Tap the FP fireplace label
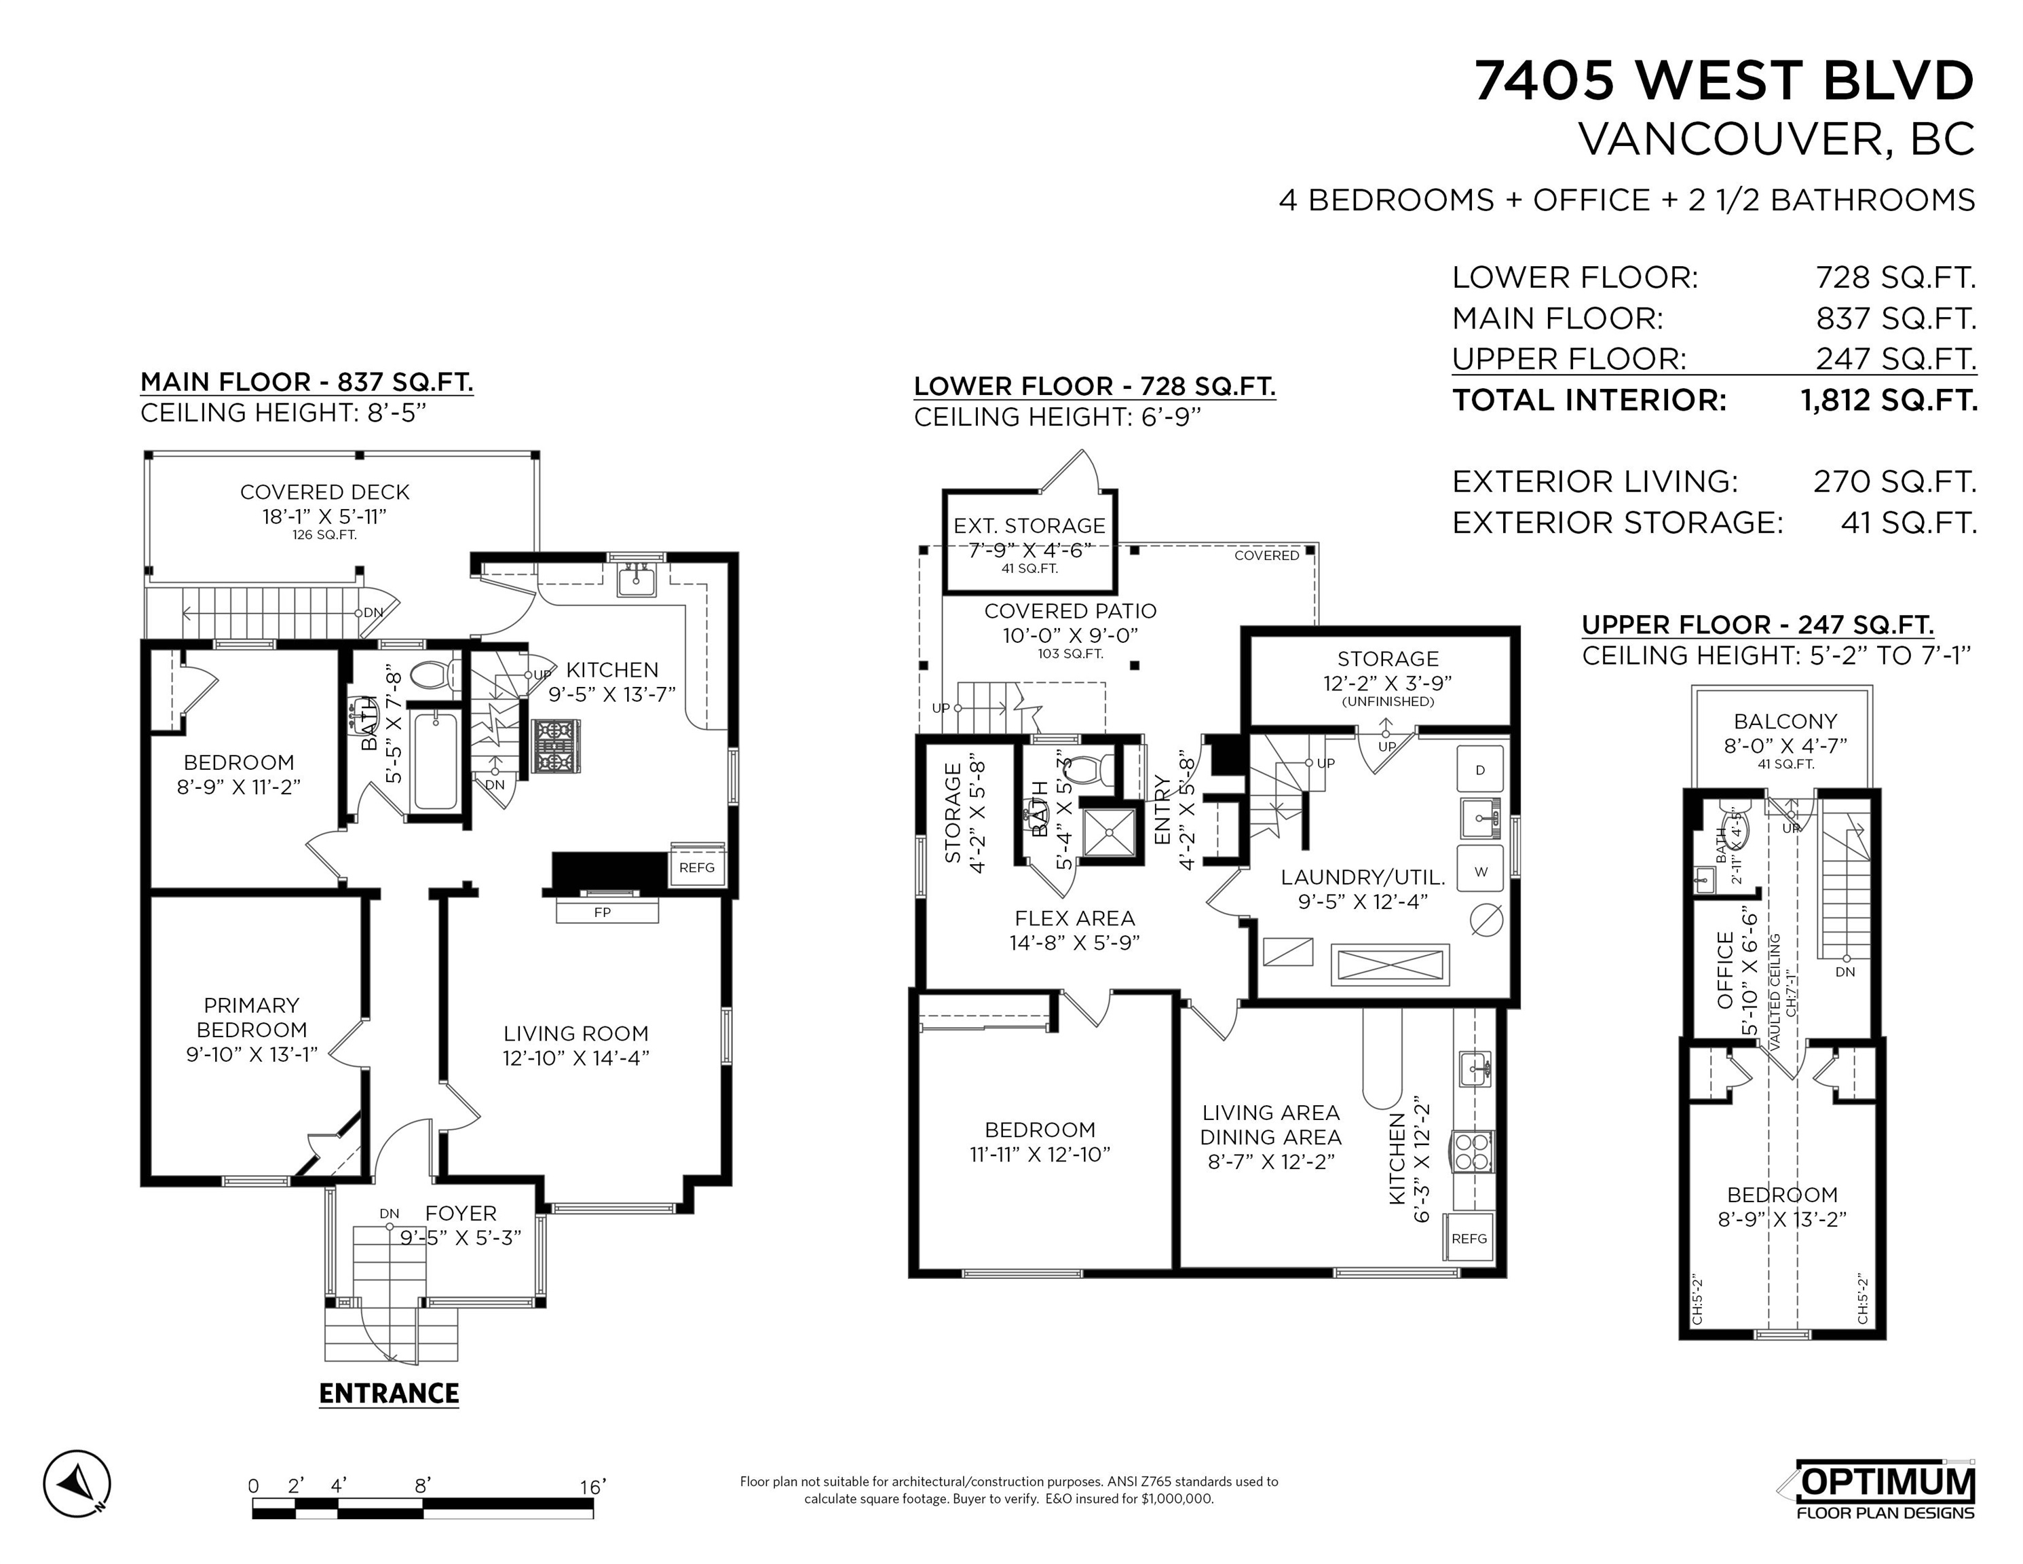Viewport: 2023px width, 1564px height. click(602, 912)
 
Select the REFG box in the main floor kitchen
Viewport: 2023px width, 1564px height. click(696, 866)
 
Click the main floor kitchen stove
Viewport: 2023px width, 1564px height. click(556, 747)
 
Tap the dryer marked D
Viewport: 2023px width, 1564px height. click(1480, 769)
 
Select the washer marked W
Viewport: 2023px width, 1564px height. click(1480, 871)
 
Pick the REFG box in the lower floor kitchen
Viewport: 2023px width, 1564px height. click(1469, 1238)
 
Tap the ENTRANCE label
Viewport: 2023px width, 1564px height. click(389, 1394)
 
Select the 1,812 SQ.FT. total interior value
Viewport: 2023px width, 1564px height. click(1889, 401)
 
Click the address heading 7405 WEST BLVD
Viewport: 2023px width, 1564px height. click(1724, 81)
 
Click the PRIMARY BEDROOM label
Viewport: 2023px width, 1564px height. click(251, 1018)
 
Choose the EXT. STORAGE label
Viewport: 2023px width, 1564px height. click(1029, 525)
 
